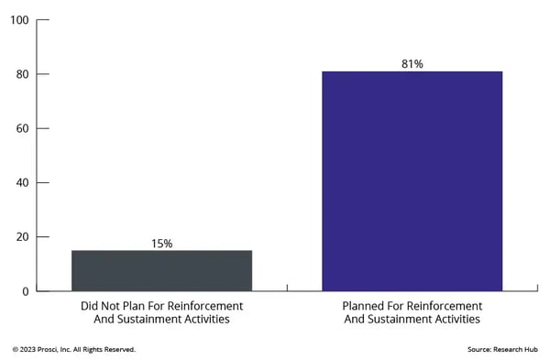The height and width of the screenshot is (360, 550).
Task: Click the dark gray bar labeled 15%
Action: tap(161, 270)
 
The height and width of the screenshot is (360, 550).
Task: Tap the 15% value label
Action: tap(161, 244)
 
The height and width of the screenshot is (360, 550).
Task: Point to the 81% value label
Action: tap(412, 64)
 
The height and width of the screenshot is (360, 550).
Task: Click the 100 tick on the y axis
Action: tap(19, 20)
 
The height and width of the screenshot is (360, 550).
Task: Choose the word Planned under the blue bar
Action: tap(362, 305)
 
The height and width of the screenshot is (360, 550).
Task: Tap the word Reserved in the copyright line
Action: tap(118, 349)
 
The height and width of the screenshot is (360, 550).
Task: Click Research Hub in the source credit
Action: tap(518, 349)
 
